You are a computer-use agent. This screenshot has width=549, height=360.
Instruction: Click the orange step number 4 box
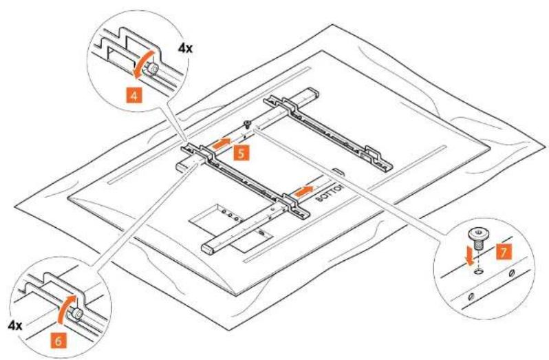pyautogui.click(x=134, y=95)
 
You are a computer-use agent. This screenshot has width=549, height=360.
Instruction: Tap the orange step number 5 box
pyautogui.click(x=241, y=153)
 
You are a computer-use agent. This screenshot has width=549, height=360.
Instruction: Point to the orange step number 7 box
pyautogui.click(x=504, y=252)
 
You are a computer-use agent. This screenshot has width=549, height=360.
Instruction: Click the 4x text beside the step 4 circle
pyautogui.click(x=185, y=48)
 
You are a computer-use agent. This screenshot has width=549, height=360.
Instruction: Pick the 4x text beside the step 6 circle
pyautogui.click(x=14, y=326)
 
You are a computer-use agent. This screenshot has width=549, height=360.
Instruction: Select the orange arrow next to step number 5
pyautogui.click(x=221, y=144)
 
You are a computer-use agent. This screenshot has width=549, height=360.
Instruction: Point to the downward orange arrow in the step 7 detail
pyautogui.click(x=467, y=259)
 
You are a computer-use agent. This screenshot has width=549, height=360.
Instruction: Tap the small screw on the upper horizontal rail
pyautogui.click(x=247, y=124)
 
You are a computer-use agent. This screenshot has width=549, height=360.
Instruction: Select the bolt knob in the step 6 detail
pyautogui.click(x=76, y=314)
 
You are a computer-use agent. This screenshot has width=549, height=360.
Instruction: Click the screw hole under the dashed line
pyautogui.click(x=477, y=272)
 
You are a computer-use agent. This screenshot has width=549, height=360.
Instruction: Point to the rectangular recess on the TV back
pyautogui.click(x=231, y=228)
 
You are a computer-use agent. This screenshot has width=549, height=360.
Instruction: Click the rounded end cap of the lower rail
pyautogui.click(x=208, y=248)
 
